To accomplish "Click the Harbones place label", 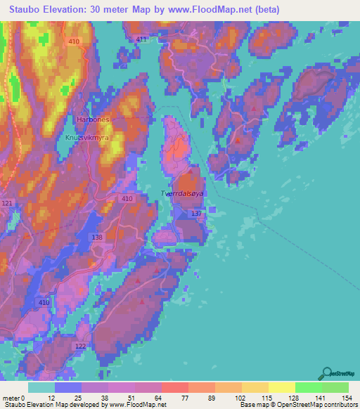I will [x=93, y=119].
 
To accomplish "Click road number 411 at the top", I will [x=142, y=40].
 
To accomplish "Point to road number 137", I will [x=196, y=213].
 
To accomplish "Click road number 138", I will [x=98, y=238].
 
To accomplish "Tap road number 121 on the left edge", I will [x=7, y=203].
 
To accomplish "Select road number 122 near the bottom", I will [x=80, y=346].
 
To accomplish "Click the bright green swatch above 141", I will [x=309, y=387].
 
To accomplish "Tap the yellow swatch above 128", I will [x=282, y=387].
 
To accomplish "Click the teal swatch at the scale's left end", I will [x=41, y=387].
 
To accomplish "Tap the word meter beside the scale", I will [x=11, y=398].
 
